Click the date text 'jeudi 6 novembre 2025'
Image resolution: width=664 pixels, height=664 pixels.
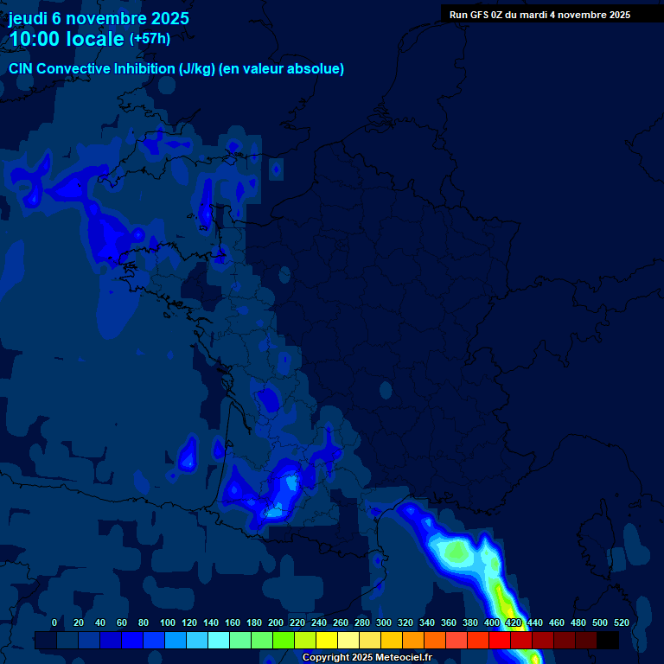click(99, 18)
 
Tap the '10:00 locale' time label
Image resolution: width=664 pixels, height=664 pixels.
click(67, 39)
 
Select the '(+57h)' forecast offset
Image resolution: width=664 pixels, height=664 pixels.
click(150, 39)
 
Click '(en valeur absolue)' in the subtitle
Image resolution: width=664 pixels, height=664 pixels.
click(282, 69)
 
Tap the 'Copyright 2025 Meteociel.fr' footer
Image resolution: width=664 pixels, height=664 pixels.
click(367, 658)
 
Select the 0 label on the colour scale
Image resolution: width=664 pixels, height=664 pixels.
click(54, 622)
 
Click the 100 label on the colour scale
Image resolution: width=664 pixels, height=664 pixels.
click(168, 622)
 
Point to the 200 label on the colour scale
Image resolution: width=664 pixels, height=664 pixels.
click(276, 622)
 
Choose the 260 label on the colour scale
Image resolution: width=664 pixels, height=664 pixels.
click(341, 622)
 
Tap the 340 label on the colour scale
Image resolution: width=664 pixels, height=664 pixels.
click(427, 622)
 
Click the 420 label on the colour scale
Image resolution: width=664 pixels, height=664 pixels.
click(514, 622)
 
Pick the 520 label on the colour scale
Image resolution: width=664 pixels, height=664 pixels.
click(621, 622)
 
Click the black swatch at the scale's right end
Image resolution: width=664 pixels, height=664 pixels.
click(608, 641)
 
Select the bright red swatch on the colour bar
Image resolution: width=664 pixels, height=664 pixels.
click(500, 641)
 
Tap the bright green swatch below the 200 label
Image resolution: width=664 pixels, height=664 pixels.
click(283, 641)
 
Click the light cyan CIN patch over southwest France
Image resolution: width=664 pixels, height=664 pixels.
click(275, 512)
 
